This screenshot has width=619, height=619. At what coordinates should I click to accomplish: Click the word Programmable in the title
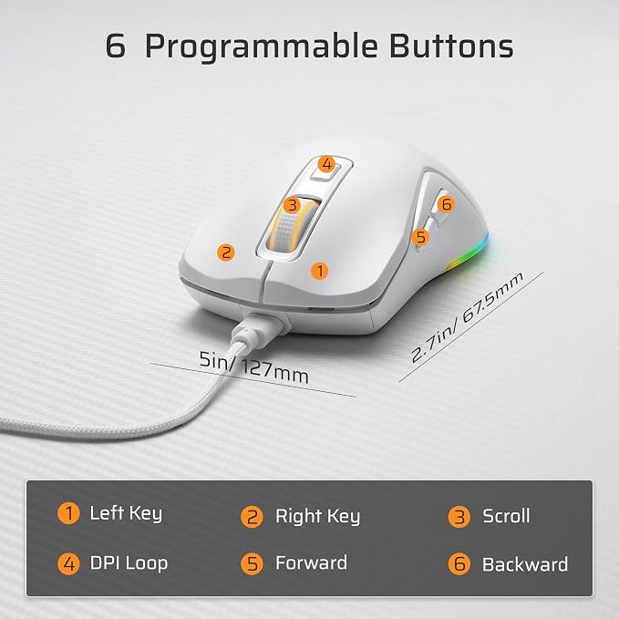262,47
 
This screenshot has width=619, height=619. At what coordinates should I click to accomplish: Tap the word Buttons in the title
451,46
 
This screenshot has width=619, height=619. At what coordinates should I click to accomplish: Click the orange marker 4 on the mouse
326,164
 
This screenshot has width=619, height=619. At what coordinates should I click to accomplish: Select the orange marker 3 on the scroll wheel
292,205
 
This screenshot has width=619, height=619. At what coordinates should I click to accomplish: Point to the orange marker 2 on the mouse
226,253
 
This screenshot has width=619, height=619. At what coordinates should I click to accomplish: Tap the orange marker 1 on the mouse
320,271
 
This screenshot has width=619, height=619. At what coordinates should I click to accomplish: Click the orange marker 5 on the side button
420,237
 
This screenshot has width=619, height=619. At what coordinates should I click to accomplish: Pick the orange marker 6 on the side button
446,204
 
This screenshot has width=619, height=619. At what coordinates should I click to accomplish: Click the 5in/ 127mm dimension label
253,367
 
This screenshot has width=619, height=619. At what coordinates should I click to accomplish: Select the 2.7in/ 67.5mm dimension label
467,317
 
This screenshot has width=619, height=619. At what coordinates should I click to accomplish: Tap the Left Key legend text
126,513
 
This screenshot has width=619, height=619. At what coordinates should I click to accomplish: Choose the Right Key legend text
318,516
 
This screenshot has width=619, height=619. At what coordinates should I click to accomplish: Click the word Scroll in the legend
506,516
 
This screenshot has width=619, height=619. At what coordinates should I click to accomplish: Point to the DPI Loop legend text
129,563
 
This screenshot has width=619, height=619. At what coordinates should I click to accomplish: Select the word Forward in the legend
312,562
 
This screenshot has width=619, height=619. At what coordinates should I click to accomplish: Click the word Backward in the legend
525,564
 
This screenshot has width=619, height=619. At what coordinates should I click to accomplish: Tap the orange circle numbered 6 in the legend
459,563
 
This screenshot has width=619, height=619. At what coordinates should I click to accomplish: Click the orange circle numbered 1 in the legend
68,513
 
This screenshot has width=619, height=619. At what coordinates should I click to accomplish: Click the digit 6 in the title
116,46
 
